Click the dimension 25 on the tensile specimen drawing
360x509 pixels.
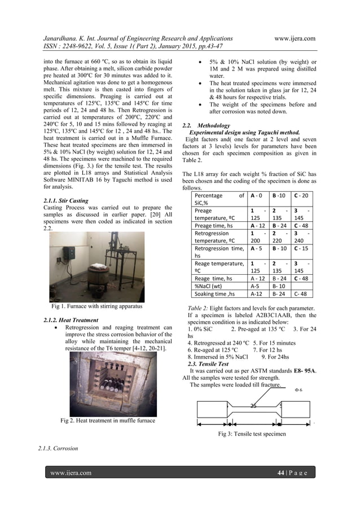254,405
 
